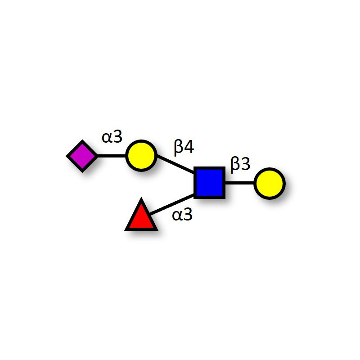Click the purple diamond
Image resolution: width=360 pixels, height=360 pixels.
(x=82, y=156)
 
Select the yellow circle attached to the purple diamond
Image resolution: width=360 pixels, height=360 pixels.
(x=141, y=156)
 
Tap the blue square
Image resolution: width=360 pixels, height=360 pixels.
(x=209, y=183)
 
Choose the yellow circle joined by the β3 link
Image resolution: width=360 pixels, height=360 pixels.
(x=269, y=184)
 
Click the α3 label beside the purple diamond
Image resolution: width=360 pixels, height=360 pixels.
(x=112, y=136)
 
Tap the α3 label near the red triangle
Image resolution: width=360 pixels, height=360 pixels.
(x=182, y=215)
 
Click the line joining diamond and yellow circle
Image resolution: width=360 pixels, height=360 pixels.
(x=111, y=156)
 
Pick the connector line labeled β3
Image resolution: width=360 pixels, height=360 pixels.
(x=239, y=183)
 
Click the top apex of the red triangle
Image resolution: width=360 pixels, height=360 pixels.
(x=141, y=199)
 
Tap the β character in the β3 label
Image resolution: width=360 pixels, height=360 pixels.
(x=235, y=165)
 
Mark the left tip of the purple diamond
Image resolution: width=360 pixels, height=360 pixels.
(x=67, y=156)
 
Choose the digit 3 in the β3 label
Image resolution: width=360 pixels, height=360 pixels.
(x=245, y=165)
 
